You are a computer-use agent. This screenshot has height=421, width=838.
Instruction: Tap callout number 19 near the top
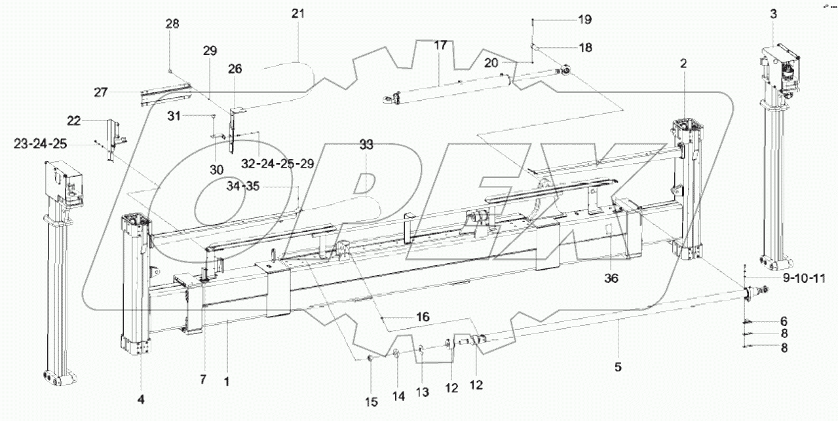pos(584,20)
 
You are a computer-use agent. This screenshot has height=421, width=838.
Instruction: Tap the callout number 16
pos(422,316)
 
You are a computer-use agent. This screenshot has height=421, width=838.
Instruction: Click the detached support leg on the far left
pos(59,275)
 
